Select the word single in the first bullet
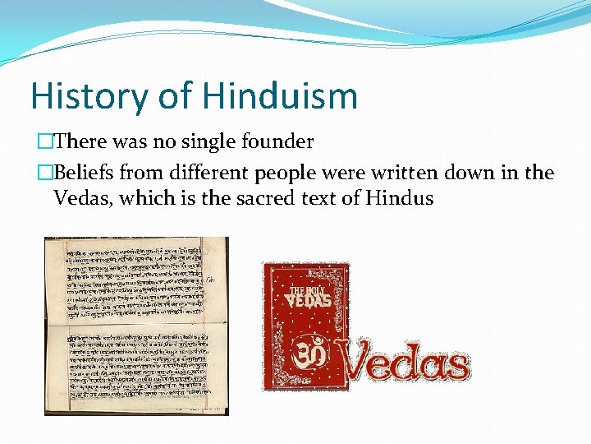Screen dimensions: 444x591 206,142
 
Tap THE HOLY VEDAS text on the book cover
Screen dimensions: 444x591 309,297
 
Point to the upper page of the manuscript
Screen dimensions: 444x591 136,280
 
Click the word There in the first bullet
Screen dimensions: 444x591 80,142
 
